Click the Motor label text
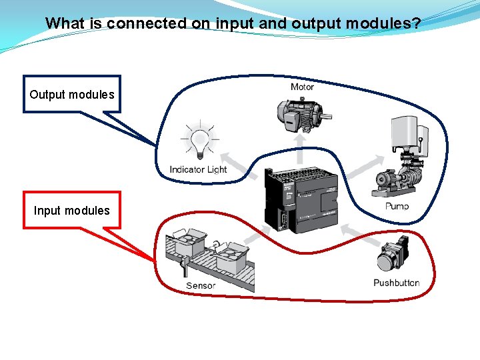tap(302, 87)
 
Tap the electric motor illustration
tap(300, 115)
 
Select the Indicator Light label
tap(198, 169)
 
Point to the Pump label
tap(397, 206)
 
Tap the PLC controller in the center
tap(299, 198)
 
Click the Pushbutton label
tap(396, 283)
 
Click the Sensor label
tap(201, 285)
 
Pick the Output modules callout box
tap(72, 94)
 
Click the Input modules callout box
tap(72, 211)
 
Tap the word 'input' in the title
tap(231, 23)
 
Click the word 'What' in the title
tap(65, 23)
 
